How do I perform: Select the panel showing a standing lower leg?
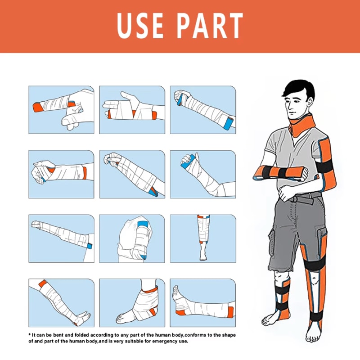[x=202, y=237]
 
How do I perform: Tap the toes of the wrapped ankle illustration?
[x=120, y=319]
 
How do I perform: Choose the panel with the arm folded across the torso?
[x=132, y=237]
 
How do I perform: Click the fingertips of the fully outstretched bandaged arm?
[x=32, y=223]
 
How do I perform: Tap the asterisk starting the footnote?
[x=29, y=335]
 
